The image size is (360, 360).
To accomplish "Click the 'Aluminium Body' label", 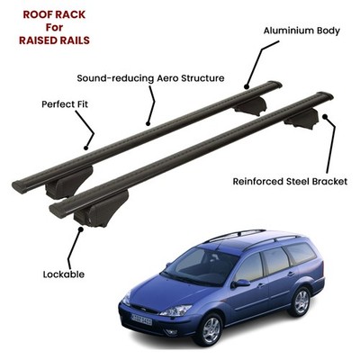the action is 301,31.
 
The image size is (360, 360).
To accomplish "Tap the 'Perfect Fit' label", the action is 65,104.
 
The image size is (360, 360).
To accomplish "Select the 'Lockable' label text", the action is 64,274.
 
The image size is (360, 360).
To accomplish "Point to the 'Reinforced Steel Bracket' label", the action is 290,182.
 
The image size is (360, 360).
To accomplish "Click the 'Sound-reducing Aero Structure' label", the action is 150,78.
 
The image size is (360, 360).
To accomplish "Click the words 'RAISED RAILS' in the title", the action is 54,40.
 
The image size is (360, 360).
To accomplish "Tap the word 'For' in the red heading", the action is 54,27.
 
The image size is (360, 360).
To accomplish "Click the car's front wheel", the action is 211,329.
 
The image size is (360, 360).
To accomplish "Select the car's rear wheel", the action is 301,301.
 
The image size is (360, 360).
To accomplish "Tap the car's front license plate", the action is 141,320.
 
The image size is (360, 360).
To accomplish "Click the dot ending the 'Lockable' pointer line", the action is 80,229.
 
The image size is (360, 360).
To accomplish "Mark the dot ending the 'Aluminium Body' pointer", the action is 247,87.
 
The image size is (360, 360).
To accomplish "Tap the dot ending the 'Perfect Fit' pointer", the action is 86,148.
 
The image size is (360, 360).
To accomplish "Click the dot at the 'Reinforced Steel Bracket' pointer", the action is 324,116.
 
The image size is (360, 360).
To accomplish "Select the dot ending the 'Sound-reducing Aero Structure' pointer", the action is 148,123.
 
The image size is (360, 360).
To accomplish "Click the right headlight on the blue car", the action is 176,310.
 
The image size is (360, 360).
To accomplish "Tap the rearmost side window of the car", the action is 300,253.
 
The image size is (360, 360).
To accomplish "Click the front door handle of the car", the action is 261,285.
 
